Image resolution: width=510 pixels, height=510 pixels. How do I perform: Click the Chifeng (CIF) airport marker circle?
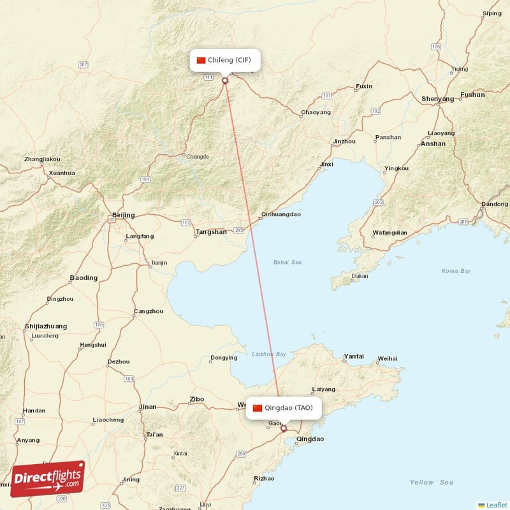coord(224,80)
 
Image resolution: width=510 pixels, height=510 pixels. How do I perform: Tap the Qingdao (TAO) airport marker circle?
coord(284,429)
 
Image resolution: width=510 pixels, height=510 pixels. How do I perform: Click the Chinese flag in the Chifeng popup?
coord(201,60)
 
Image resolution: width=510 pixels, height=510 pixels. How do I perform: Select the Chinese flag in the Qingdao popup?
coord(258,408)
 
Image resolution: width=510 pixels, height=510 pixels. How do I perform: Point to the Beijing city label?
coord(123,215)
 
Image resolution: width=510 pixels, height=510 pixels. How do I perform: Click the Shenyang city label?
coord(437,99)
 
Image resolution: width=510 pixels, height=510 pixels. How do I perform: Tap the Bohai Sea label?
coord(288,262)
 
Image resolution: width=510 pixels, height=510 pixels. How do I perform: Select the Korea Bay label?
coord(456,271)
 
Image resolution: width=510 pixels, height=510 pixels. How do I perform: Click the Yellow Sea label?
coord(431,483)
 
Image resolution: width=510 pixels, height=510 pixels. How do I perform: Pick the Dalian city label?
coord(360,276)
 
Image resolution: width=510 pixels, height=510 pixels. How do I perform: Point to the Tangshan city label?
coord(211,232)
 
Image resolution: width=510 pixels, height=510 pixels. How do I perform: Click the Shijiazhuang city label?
coord(45,326)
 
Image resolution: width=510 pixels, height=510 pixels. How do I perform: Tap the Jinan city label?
coord(147,407)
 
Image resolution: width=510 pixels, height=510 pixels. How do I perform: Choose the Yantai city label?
coord(354,356)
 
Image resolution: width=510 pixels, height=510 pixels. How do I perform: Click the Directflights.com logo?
coord(48,479)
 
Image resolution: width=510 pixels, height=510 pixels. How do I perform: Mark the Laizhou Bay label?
coord(269,354)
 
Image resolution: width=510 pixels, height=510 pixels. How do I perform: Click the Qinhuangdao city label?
coord(280,215)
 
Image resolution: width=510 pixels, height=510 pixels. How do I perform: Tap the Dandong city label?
coord(495,204)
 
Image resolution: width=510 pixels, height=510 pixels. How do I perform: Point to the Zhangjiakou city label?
coord(41,159)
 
